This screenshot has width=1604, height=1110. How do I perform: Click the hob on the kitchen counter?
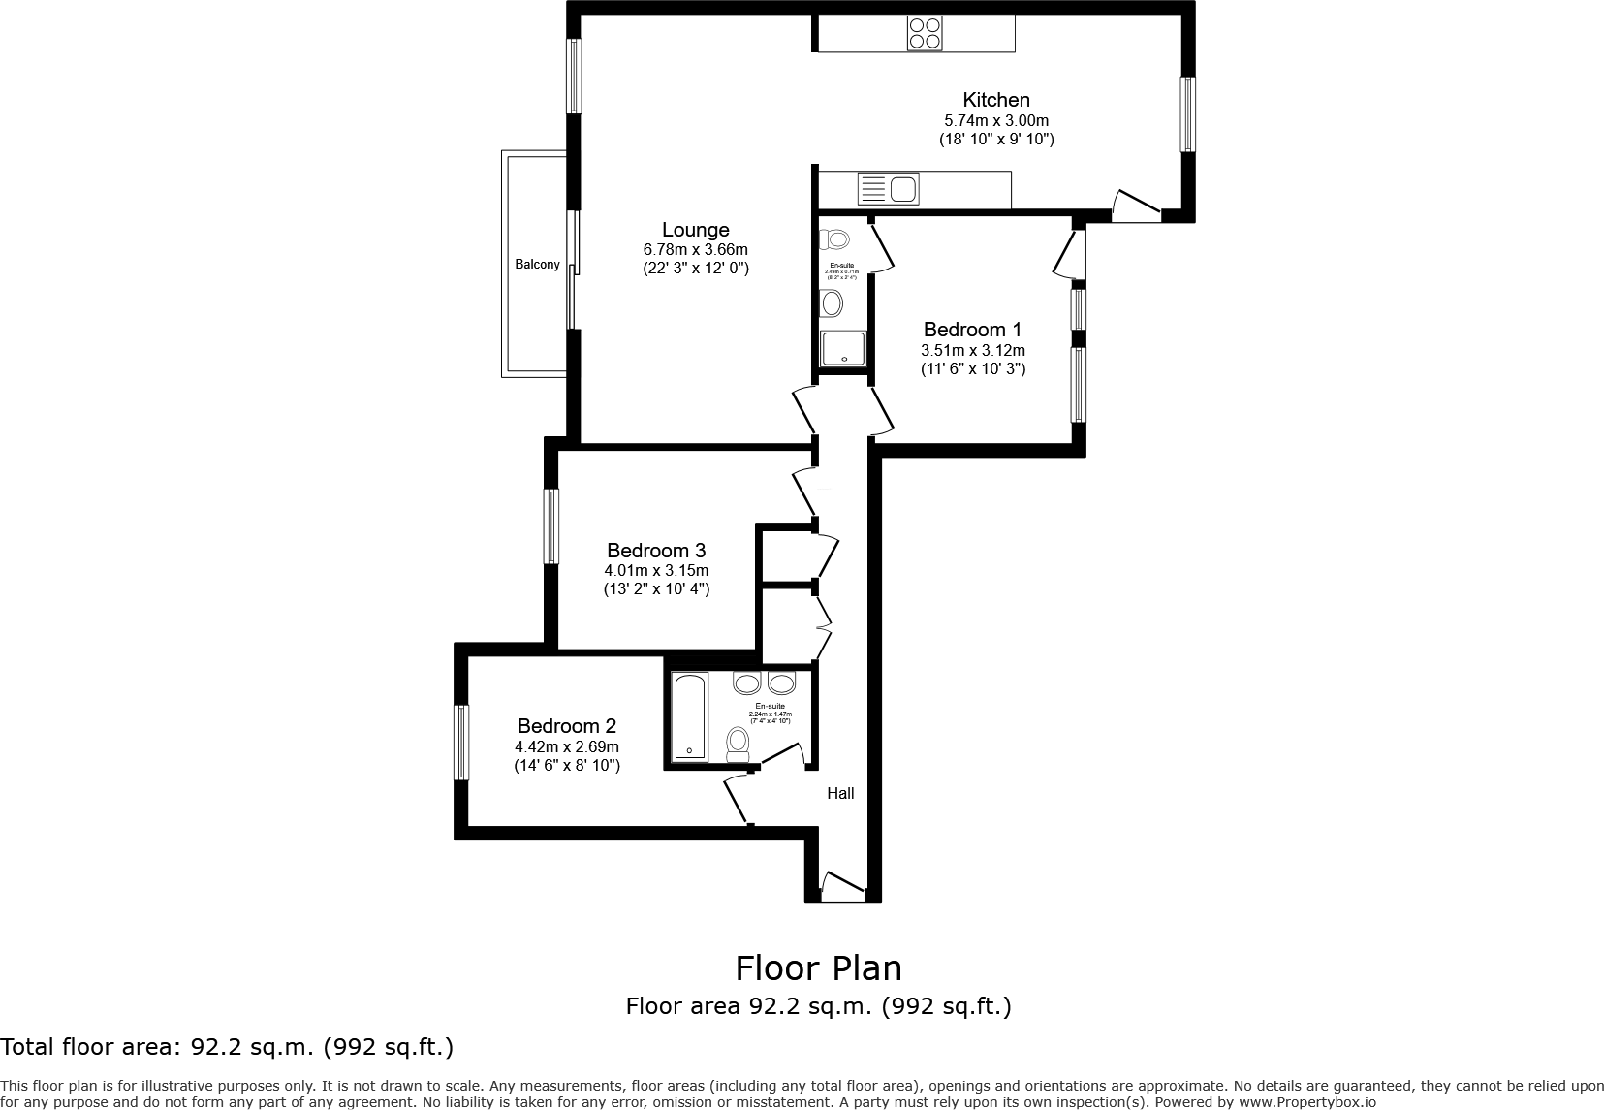(925, 34)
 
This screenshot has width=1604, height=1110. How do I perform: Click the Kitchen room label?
(995, 100)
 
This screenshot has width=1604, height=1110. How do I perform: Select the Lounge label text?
(695, 230)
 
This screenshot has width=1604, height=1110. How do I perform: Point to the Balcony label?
(537, 264)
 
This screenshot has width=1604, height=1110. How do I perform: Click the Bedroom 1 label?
(972, 330)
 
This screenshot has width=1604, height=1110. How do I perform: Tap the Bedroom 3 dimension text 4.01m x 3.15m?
(656, 570)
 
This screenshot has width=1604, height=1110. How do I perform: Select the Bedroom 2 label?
(566, 726)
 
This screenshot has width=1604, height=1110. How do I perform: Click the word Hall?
(840, 793)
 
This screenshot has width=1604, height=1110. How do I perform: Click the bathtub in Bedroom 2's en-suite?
(689, 716)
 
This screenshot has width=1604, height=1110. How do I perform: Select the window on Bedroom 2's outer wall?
(462, 743)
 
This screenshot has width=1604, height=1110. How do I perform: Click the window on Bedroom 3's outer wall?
(551, 526)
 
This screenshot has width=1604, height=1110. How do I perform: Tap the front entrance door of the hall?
(842, 885)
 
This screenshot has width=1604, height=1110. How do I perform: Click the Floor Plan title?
(818, 968)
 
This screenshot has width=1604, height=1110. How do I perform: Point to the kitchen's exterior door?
(1135, 205)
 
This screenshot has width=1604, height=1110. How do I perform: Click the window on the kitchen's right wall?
(1186, 114)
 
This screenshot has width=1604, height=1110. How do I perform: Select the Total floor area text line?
(227, 1047)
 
